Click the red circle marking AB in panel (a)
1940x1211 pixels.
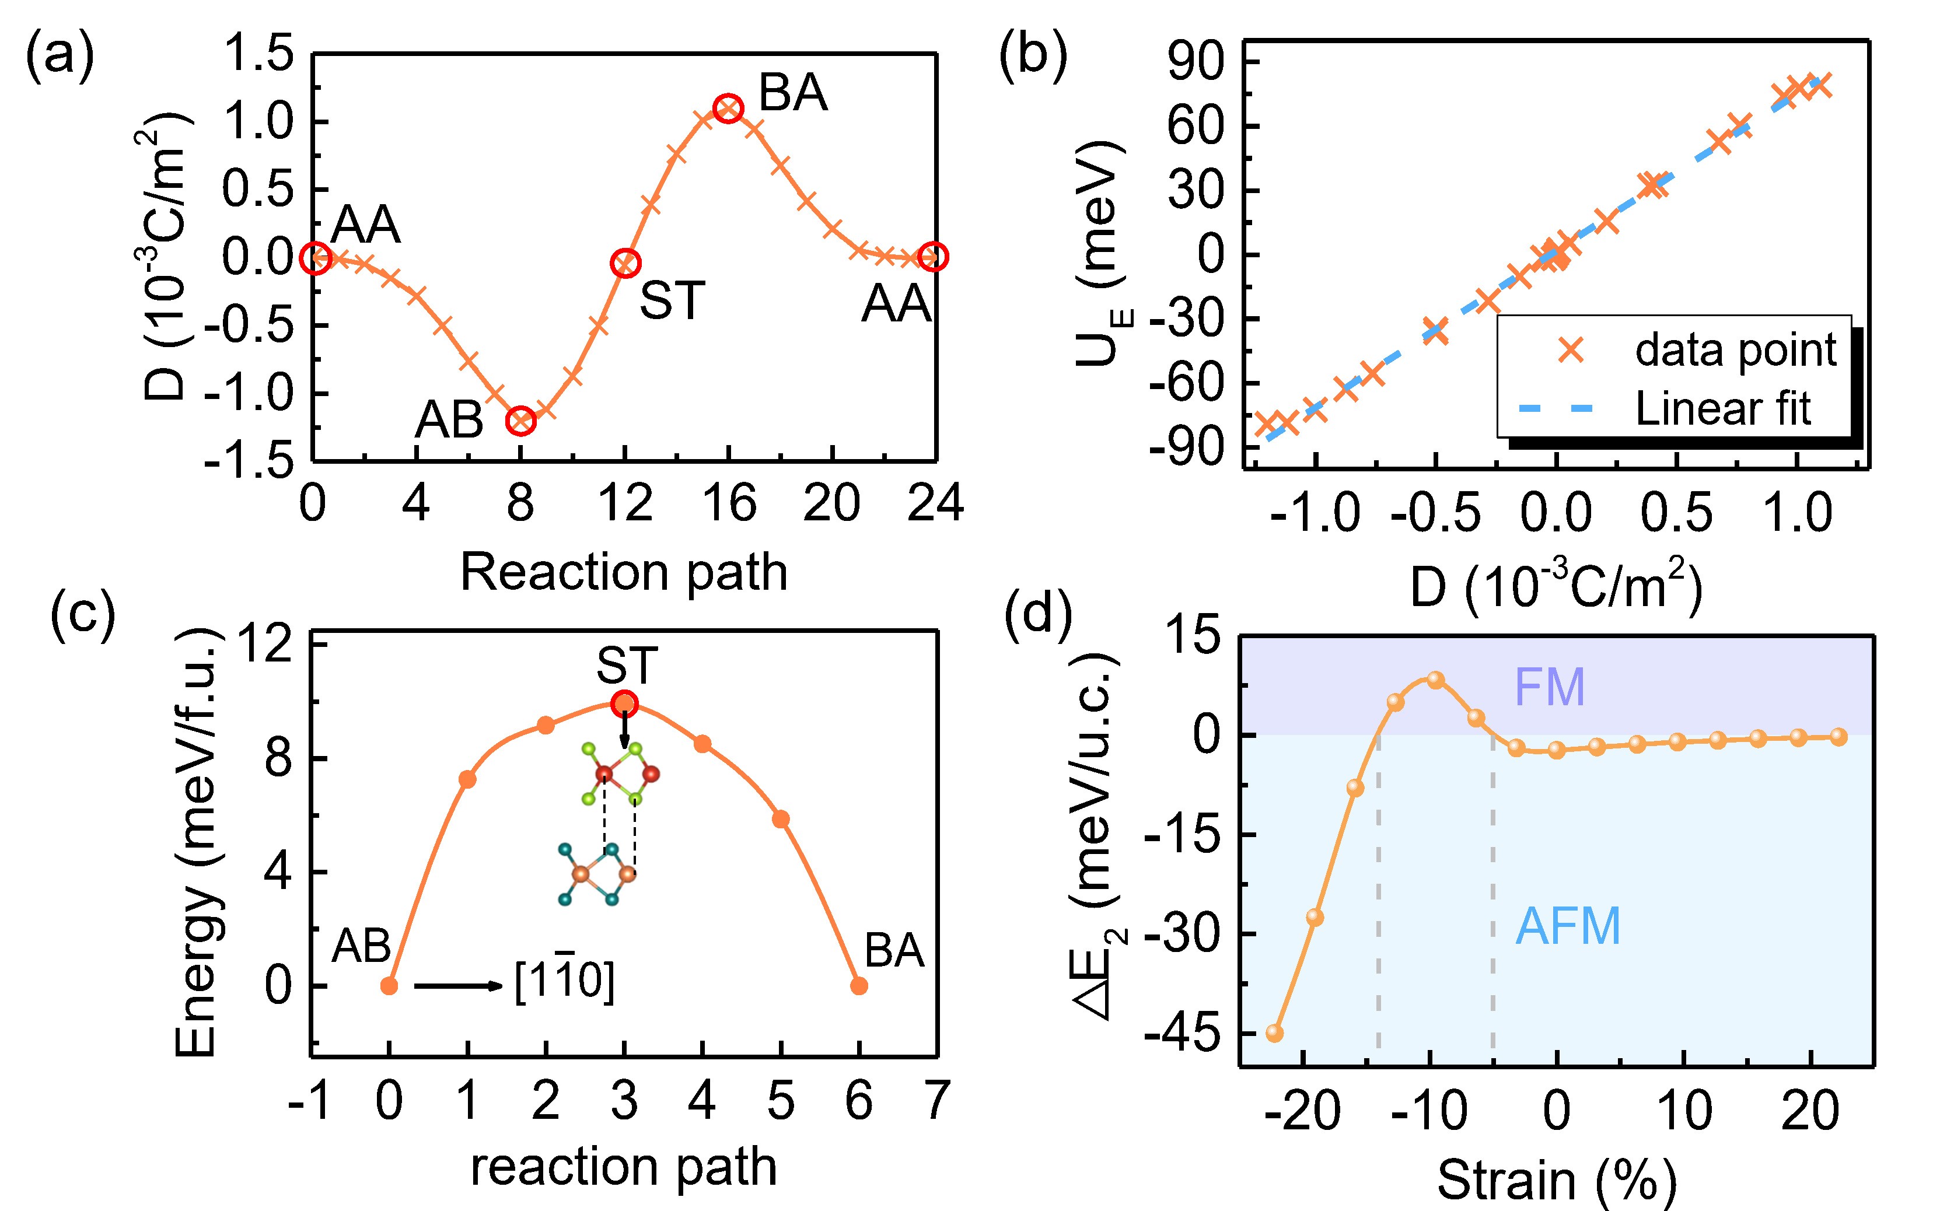(520, 421)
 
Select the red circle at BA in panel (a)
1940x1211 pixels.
(728, 108)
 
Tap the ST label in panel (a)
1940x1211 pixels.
(671, 300)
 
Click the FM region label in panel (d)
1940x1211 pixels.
(1549, 687)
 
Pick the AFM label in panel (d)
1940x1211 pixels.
(1568, 927)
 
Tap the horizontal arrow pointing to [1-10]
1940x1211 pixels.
(457, 986)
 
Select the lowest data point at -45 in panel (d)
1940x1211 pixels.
(1274, 1033)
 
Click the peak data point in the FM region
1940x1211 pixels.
(1435, 680)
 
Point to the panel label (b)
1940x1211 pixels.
(1033, 58)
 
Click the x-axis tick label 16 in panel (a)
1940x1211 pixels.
(729, 505)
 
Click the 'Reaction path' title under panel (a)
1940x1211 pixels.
(624, 573)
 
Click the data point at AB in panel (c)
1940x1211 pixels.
(389, 986)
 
